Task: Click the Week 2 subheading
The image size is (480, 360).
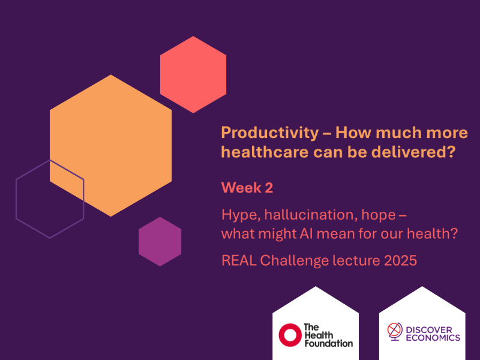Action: pyautogui.click(x=247, y=187)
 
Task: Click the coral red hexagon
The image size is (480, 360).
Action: pyautogui.click(x=193, y=74)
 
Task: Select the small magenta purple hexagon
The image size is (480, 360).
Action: pyautogui.click(x=160, y=241)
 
